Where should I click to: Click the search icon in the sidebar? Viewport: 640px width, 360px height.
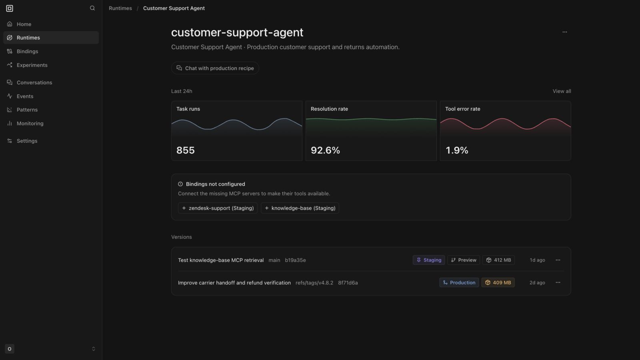(x=92, y=8)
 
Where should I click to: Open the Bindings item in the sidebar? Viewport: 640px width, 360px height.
(x=27, y=52)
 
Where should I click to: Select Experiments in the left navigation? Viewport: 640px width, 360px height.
(x=32, y=65)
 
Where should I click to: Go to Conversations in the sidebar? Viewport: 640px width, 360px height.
(x=34, y=82)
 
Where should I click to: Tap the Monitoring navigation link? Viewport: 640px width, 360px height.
(x=30, y=124)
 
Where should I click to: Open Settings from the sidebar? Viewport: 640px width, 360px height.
(x=27, y=141)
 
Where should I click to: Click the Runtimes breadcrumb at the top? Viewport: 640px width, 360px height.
(x=120, y=8)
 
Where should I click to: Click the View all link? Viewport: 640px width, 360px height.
(x=562, y=91)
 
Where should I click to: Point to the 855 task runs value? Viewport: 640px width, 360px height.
(x=186, y=150)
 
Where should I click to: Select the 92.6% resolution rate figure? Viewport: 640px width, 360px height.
(x=325, y=150)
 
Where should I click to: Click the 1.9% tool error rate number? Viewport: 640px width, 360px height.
(x=456, y=150)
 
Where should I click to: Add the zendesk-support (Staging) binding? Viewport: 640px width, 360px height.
(x=218, y=208)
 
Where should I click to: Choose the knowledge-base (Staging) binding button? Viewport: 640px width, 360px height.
(x=300, y=208)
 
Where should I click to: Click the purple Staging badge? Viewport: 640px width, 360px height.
(x=428, y=260)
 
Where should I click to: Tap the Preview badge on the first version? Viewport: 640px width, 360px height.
(x=464, y=260)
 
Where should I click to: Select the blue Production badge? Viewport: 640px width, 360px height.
(x=459, y=282)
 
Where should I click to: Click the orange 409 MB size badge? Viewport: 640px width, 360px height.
(x=498, y=282)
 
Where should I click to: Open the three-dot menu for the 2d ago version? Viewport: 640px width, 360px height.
(x=558, y=282)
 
